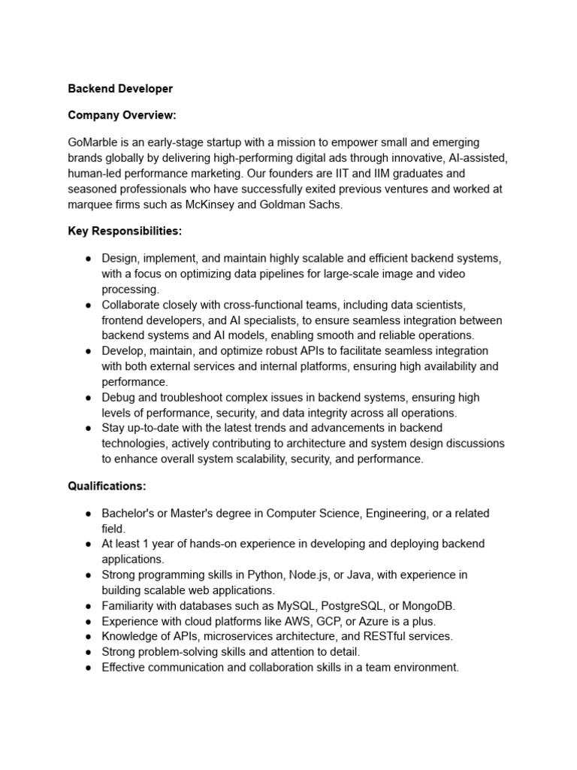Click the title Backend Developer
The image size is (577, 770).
(x=120, y=89)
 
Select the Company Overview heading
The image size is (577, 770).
(x=122, y=115)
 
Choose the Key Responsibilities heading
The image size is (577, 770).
(x=125, y=231)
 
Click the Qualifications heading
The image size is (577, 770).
(x=107, y=487)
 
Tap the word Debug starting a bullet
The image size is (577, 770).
(x=118, y=397)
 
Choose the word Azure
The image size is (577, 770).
(x=368, y=621)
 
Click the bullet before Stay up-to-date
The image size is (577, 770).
(x=89, y=428)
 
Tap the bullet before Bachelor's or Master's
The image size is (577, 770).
(x=89, y=514)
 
